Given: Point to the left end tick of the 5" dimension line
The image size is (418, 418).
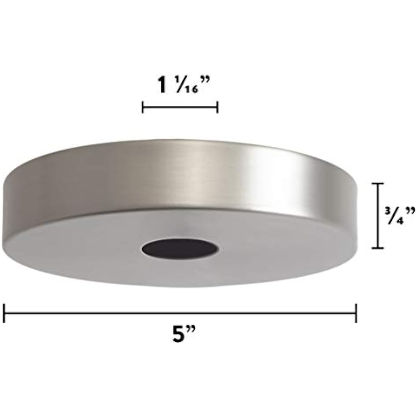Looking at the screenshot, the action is point(4,313).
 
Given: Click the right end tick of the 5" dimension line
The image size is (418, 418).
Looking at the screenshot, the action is point(356,313).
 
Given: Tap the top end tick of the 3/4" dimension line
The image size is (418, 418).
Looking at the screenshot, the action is point(378,184).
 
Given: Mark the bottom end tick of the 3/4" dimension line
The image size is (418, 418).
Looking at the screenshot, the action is point(378,248).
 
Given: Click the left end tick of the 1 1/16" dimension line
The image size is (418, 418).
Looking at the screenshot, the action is point(143,107).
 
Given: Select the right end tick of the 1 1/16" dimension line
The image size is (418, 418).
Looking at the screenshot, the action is point(217,107).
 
